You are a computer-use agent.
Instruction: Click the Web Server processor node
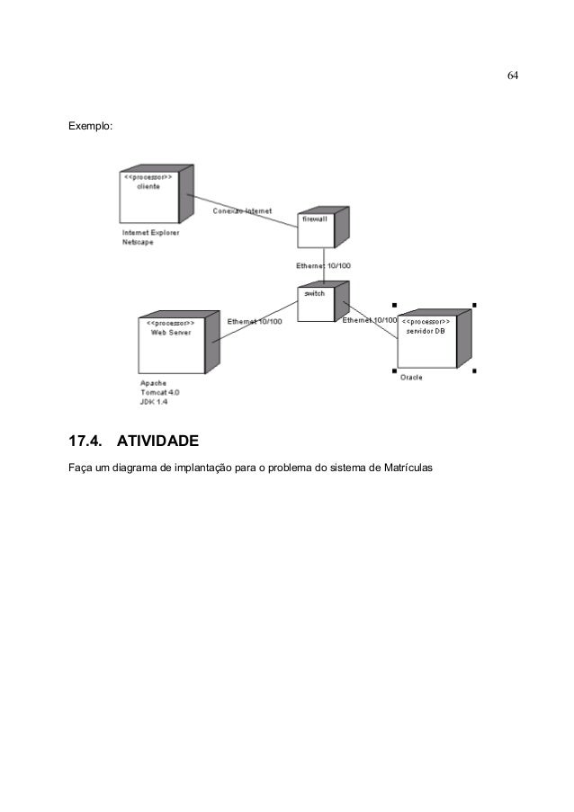(x=171, y=346)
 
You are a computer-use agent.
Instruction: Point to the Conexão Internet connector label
(x=242, y=212)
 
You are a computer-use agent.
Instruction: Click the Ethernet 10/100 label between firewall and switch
(x=324, y=266)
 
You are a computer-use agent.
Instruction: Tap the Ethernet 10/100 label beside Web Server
(x=255, y=321)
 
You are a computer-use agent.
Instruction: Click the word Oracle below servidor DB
(x=411, y=378)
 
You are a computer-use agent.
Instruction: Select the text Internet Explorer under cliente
(x=150, y=232)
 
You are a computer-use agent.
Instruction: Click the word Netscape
(x=138, y=241)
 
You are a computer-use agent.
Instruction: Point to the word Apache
(x=153, y=383)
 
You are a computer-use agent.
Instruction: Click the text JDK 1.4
(x=154, y=402)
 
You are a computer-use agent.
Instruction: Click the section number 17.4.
(x=85, y=442)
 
